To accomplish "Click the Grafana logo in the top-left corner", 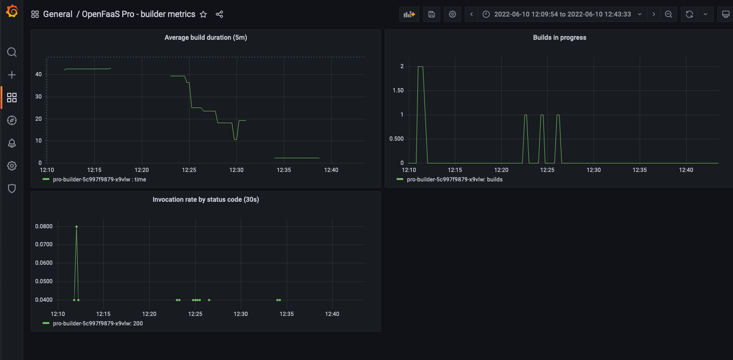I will click(12, 11).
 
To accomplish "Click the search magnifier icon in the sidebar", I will click(12, 52).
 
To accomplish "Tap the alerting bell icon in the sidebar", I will click(12, 143).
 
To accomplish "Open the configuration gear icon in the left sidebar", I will click(12, 166).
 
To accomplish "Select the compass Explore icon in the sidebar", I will click(12, 120).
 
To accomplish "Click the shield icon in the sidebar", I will click(12, 189).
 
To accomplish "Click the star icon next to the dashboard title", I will click(203, 14).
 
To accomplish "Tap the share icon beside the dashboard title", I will click(219, 14).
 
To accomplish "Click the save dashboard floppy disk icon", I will click(432, 14).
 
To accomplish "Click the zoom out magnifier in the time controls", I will click(669, 14).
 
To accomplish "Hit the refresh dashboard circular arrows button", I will click(689, 14).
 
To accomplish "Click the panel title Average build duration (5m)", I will click(206, 38).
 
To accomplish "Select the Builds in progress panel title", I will click(560, 38).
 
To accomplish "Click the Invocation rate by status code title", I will click(206, 199).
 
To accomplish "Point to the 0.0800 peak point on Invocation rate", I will click(76, 226).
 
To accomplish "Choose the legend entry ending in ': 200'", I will click(98, 324).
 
